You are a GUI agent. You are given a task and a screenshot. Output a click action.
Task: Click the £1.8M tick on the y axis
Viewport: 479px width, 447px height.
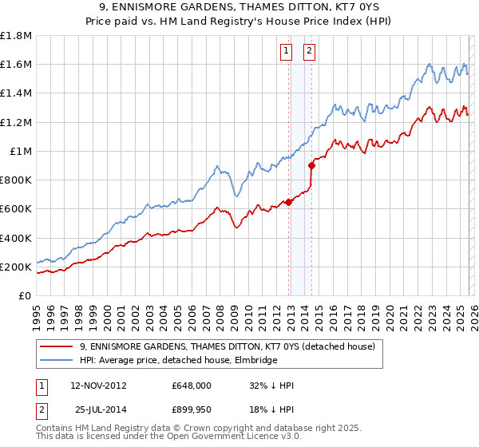(x=17, y=36)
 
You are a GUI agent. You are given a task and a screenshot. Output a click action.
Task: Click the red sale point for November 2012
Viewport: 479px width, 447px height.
(x=288, y=202)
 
